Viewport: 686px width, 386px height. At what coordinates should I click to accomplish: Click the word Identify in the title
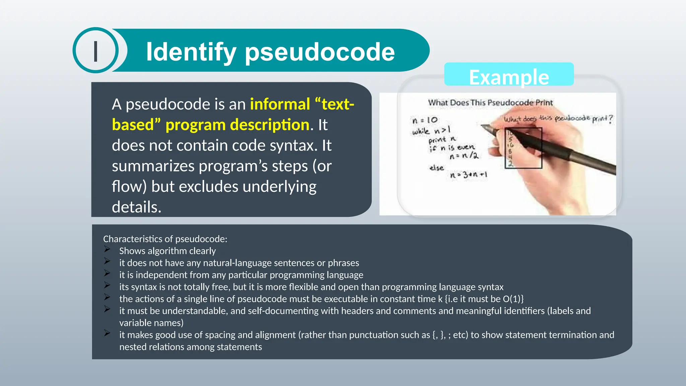click(x=191, y=52)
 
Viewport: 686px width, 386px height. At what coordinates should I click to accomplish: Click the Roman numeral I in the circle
click(x=96, y=51)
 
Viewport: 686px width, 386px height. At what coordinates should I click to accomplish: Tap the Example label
click(x=508, y=77)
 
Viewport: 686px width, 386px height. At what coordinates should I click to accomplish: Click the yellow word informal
click(x=280, y=104)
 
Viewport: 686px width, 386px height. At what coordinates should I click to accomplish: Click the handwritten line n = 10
click(x=425, y=120)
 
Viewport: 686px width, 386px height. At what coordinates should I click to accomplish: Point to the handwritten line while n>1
click(x=431, y=130)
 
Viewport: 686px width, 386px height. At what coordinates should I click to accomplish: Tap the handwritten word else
click(x=436, y=168)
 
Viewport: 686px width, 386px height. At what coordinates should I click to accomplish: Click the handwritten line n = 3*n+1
click(x=469, y=175)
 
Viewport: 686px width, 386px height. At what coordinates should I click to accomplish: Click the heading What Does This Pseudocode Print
click(x=490, y=103)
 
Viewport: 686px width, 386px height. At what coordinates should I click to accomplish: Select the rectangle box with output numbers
click(x=523, y=148)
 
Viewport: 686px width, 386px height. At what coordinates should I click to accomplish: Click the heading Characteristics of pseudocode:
click(x=165, y=239)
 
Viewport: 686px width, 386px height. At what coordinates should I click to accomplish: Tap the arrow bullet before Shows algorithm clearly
click(x=107, y=249)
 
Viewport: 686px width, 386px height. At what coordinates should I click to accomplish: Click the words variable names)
click(x=151, y=323)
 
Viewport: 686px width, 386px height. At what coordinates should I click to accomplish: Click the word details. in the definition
click(x=137, y=207)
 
